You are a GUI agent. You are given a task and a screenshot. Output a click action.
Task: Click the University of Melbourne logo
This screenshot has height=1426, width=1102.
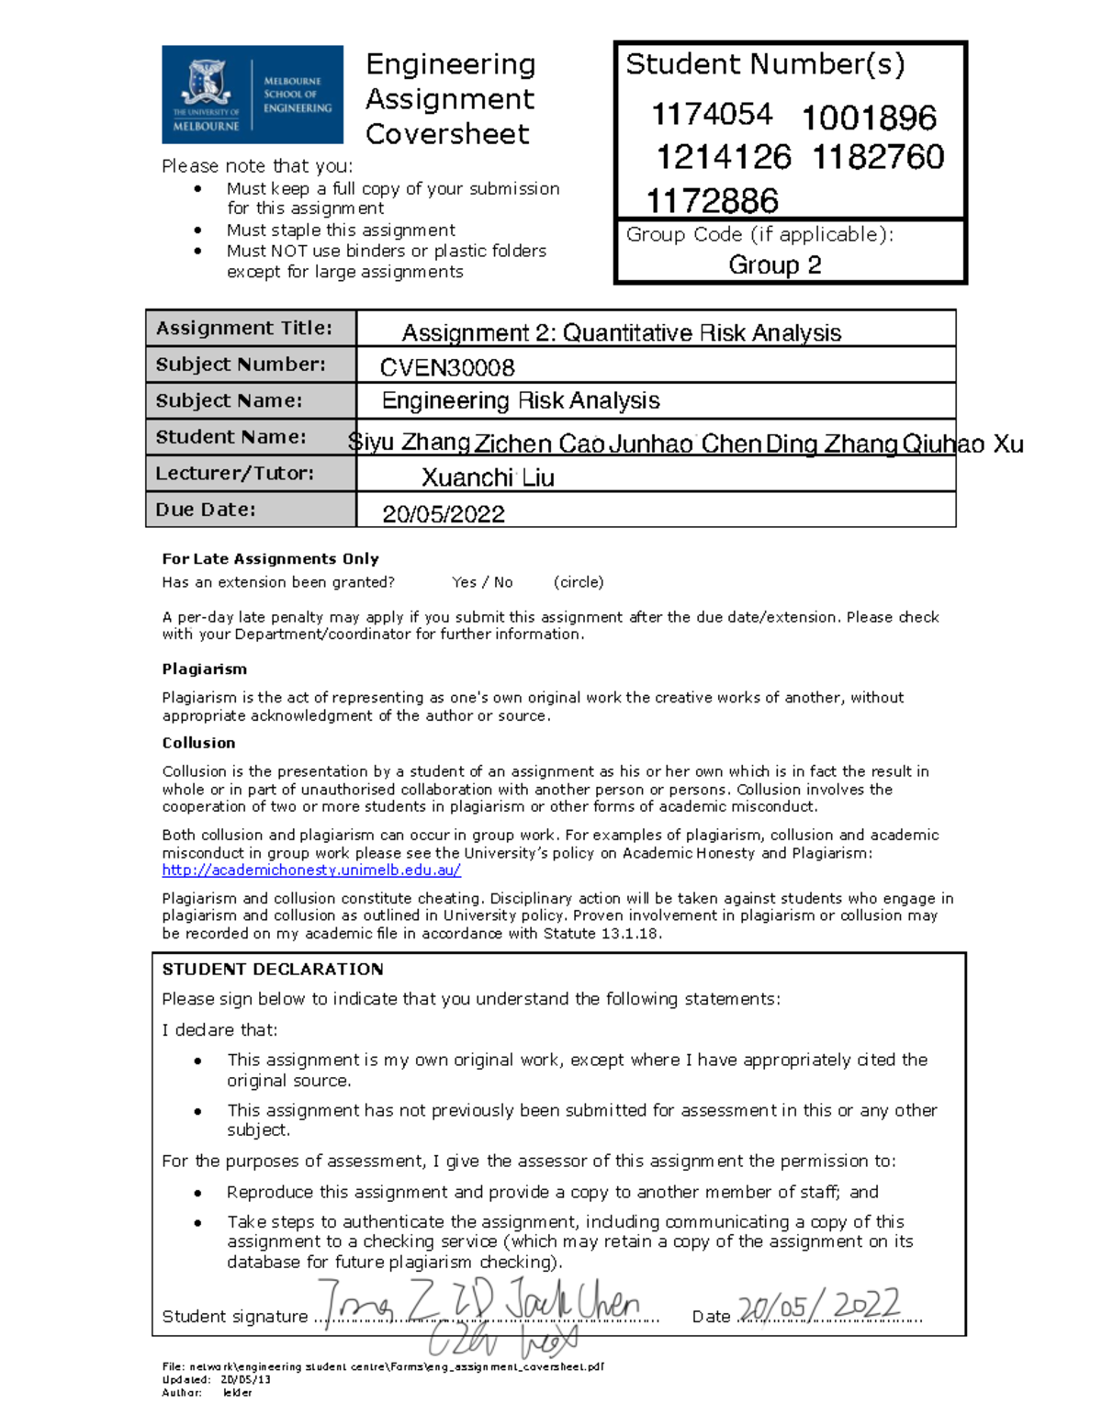click(x=252, y=95)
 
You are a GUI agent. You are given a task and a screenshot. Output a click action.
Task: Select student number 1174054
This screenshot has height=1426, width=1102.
click(x=712, y=115)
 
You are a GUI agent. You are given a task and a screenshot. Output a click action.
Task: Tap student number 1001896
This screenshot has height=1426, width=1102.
click(x=869, y=118)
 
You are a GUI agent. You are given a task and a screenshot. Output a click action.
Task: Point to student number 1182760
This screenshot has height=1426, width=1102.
click(x=878, y=157)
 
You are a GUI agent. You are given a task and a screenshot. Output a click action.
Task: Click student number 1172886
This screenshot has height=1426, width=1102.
click(x=712, y=200)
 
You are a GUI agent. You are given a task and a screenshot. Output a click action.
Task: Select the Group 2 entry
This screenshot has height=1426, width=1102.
click(x=774, y=265)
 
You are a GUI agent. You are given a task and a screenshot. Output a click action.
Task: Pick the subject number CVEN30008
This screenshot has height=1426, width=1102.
click(x=447, y=367)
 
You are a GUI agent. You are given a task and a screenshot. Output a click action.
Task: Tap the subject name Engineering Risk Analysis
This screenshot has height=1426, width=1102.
click(x=521, y=401)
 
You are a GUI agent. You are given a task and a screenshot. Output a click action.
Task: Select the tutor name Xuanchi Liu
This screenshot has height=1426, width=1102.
click(x=488, y=477)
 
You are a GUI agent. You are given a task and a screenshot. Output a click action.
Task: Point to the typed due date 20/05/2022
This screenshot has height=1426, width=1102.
click(x=444, y=514)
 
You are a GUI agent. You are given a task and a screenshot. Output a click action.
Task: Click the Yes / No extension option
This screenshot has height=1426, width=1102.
click(x=482, y=582)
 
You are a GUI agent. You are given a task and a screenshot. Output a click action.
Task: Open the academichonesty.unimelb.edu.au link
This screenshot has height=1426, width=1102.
click(x=311, y=870)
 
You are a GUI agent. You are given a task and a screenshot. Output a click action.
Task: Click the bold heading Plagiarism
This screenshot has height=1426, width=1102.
click(x=204, y=669)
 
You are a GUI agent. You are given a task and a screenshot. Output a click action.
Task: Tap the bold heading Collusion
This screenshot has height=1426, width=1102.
click(x=198, y=743)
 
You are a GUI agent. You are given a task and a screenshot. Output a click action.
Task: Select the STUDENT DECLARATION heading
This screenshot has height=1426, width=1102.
click(x=272, y=970)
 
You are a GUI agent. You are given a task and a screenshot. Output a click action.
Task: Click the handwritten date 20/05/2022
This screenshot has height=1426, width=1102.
click(x=819, y=1306)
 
